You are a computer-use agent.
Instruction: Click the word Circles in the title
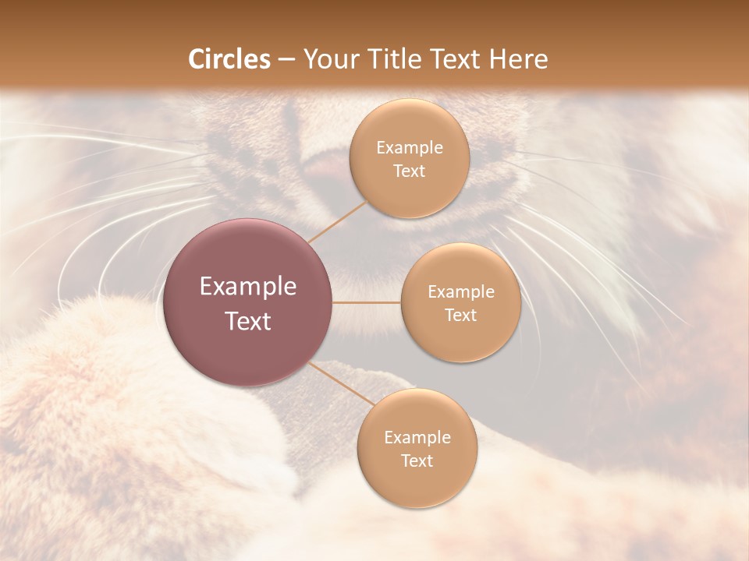pos(229,59)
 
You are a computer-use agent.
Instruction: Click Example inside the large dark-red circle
pos(248,287)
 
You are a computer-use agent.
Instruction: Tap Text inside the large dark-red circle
pos(248,321)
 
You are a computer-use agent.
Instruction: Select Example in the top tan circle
pos(410,148)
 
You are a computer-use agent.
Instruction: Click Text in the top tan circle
pos(410,171)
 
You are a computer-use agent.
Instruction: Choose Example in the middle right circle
pos(461,292)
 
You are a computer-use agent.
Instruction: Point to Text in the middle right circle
pos(461,315)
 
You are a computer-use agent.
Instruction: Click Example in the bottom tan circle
pos(417,438)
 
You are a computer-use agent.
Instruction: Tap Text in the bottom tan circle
pos(417,460)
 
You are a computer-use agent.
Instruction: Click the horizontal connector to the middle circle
pos(367,302)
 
